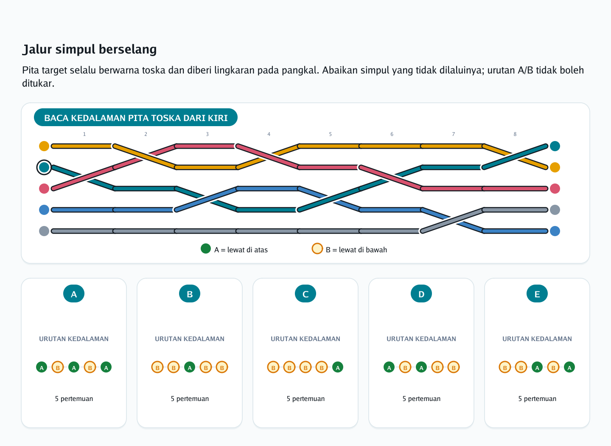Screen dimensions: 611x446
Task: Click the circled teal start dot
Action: pyautogui.click(x=44, y=167)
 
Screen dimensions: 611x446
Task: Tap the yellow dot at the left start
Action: pyautogui.click(x=44, y=146)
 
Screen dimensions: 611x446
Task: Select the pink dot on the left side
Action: pyautogui.click(x=44, y=189)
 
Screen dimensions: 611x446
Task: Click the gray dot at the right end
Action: pyautogui.click(x=555, y=210)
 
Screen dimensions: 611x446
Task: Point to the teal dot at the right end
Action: pyautogui.click(x=555, y=146)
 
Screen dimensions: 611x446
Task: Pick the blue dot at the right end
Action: pyautogui.click(x=555, y=231)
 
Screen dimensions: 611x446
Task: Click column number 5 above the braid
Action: pyautogui.click(x=330, y=134)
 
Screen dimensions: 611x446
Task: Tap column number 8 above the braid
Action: pyautogui.click(x=515, y=134)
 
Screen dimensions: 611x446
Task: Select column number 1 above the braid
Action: pyautogui.click(x=84, y=134)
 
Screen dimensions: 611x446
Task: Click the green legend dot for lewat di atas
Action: pyautogui.click(x=206, y=248)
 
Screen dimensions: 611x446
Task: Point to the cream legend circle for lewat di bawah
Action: pyautogui.click(x=317, y=248)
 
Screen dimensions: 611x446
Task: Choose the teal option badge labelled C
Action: pyautogui.click(x=305, y=294)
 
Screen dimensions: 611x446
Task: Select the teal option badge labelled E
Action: pyautogui.click(x=537, y=294)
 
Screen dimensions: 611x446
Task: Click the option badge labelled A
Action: pyautogui.click(x=74, y=294)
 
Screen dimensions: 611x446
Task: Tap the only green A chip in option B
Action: pyautogui.click(x=190, y=367)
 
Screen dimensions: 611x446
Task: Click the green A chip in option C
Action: pyautogui.click(x=338, y=367)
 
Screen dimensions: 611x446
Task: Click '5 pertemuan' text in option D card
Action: pyautogui.click(x=421, y=398)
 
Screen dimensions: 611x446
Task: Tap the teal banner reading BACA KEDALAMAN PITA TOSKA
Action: pyautogui.click(x=136, y=117)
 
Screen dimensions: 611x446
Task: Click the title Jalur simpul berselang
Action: pyautogui.click(x=90, y=49)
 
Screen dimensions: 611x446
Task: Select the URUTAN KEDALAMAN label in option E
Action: pyautogui.click(x=537, y=339)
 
